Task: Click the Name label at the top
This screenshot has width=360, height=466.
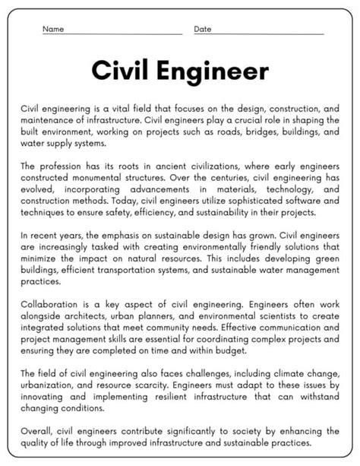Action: click(x=52, y=30)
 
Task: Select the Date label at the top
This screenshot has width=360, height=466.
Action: click(x=203, y=30)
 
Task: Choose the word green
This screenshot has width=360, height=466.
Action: click(x=327, y=258)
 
